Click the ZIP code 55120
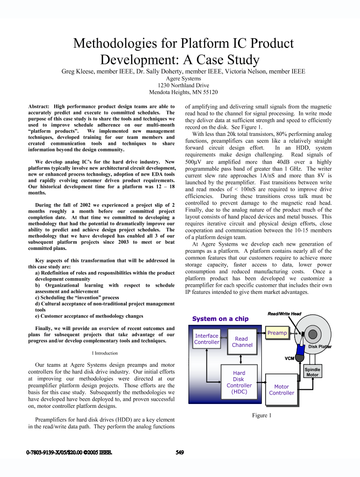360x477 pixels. click(x=209, y=92)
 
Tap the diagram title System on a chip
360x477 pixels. click(x=220, y=319)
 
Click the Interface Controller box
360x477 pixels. click(x=207, y=339)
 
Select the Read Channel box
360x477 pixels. click(x=242, y=342)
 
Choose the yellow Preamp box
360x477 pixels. click(x=277, y=332)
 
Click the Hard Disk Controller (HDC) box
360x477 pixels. click(x=239, y=382)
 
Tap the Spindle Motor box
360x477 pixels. click(x=312, y=372)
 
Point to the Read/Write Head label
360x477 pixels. click(x=284, y=313)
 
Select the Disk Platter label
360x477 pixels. click(x=319, y=347)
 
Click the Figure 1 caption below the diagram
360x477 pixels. click(x=261, y=415)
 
